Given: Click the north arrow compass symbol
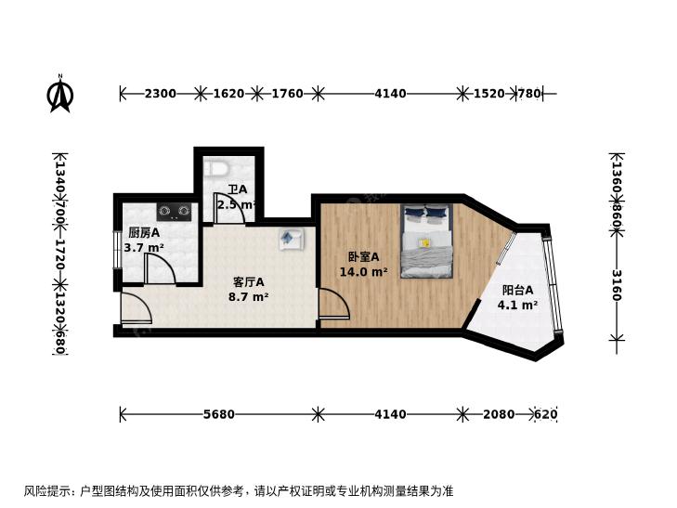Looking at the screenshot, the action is point(60,94).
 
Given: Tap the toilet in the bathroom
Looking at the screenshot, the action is point(216,169).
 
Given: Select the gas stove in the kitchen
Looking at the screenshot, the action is point(174,211).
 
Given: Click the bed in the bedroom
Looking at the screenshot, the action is point(426,241).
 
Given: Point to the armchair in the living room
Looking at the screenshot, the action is point(292,239).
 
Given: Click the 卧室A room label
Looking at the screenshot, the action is point(363,257).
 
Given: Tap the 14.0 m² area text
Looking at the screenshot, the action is point(363,272).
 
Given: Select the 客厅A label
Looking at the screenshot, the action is point(248,282).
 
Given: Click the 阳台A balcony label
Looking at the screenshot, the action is point(517,290).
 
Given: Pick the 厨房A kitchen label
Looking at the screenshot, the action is point(144,233).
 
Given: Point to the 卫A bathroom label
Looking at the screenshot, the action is point(238,189).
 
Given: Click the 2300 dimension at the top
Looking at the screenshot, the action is point(160,93).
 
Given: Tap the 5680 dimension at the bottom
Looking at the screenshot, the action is point(219,414).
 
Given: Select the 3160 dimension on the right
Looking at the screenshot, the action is point(617,285).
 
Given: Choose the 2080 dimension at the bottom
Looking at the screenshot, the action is point(499,414).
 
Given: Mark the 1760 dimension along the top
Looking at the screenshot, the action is point(287,93).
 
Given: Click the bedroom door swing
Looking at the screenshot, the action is point(334,304).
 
